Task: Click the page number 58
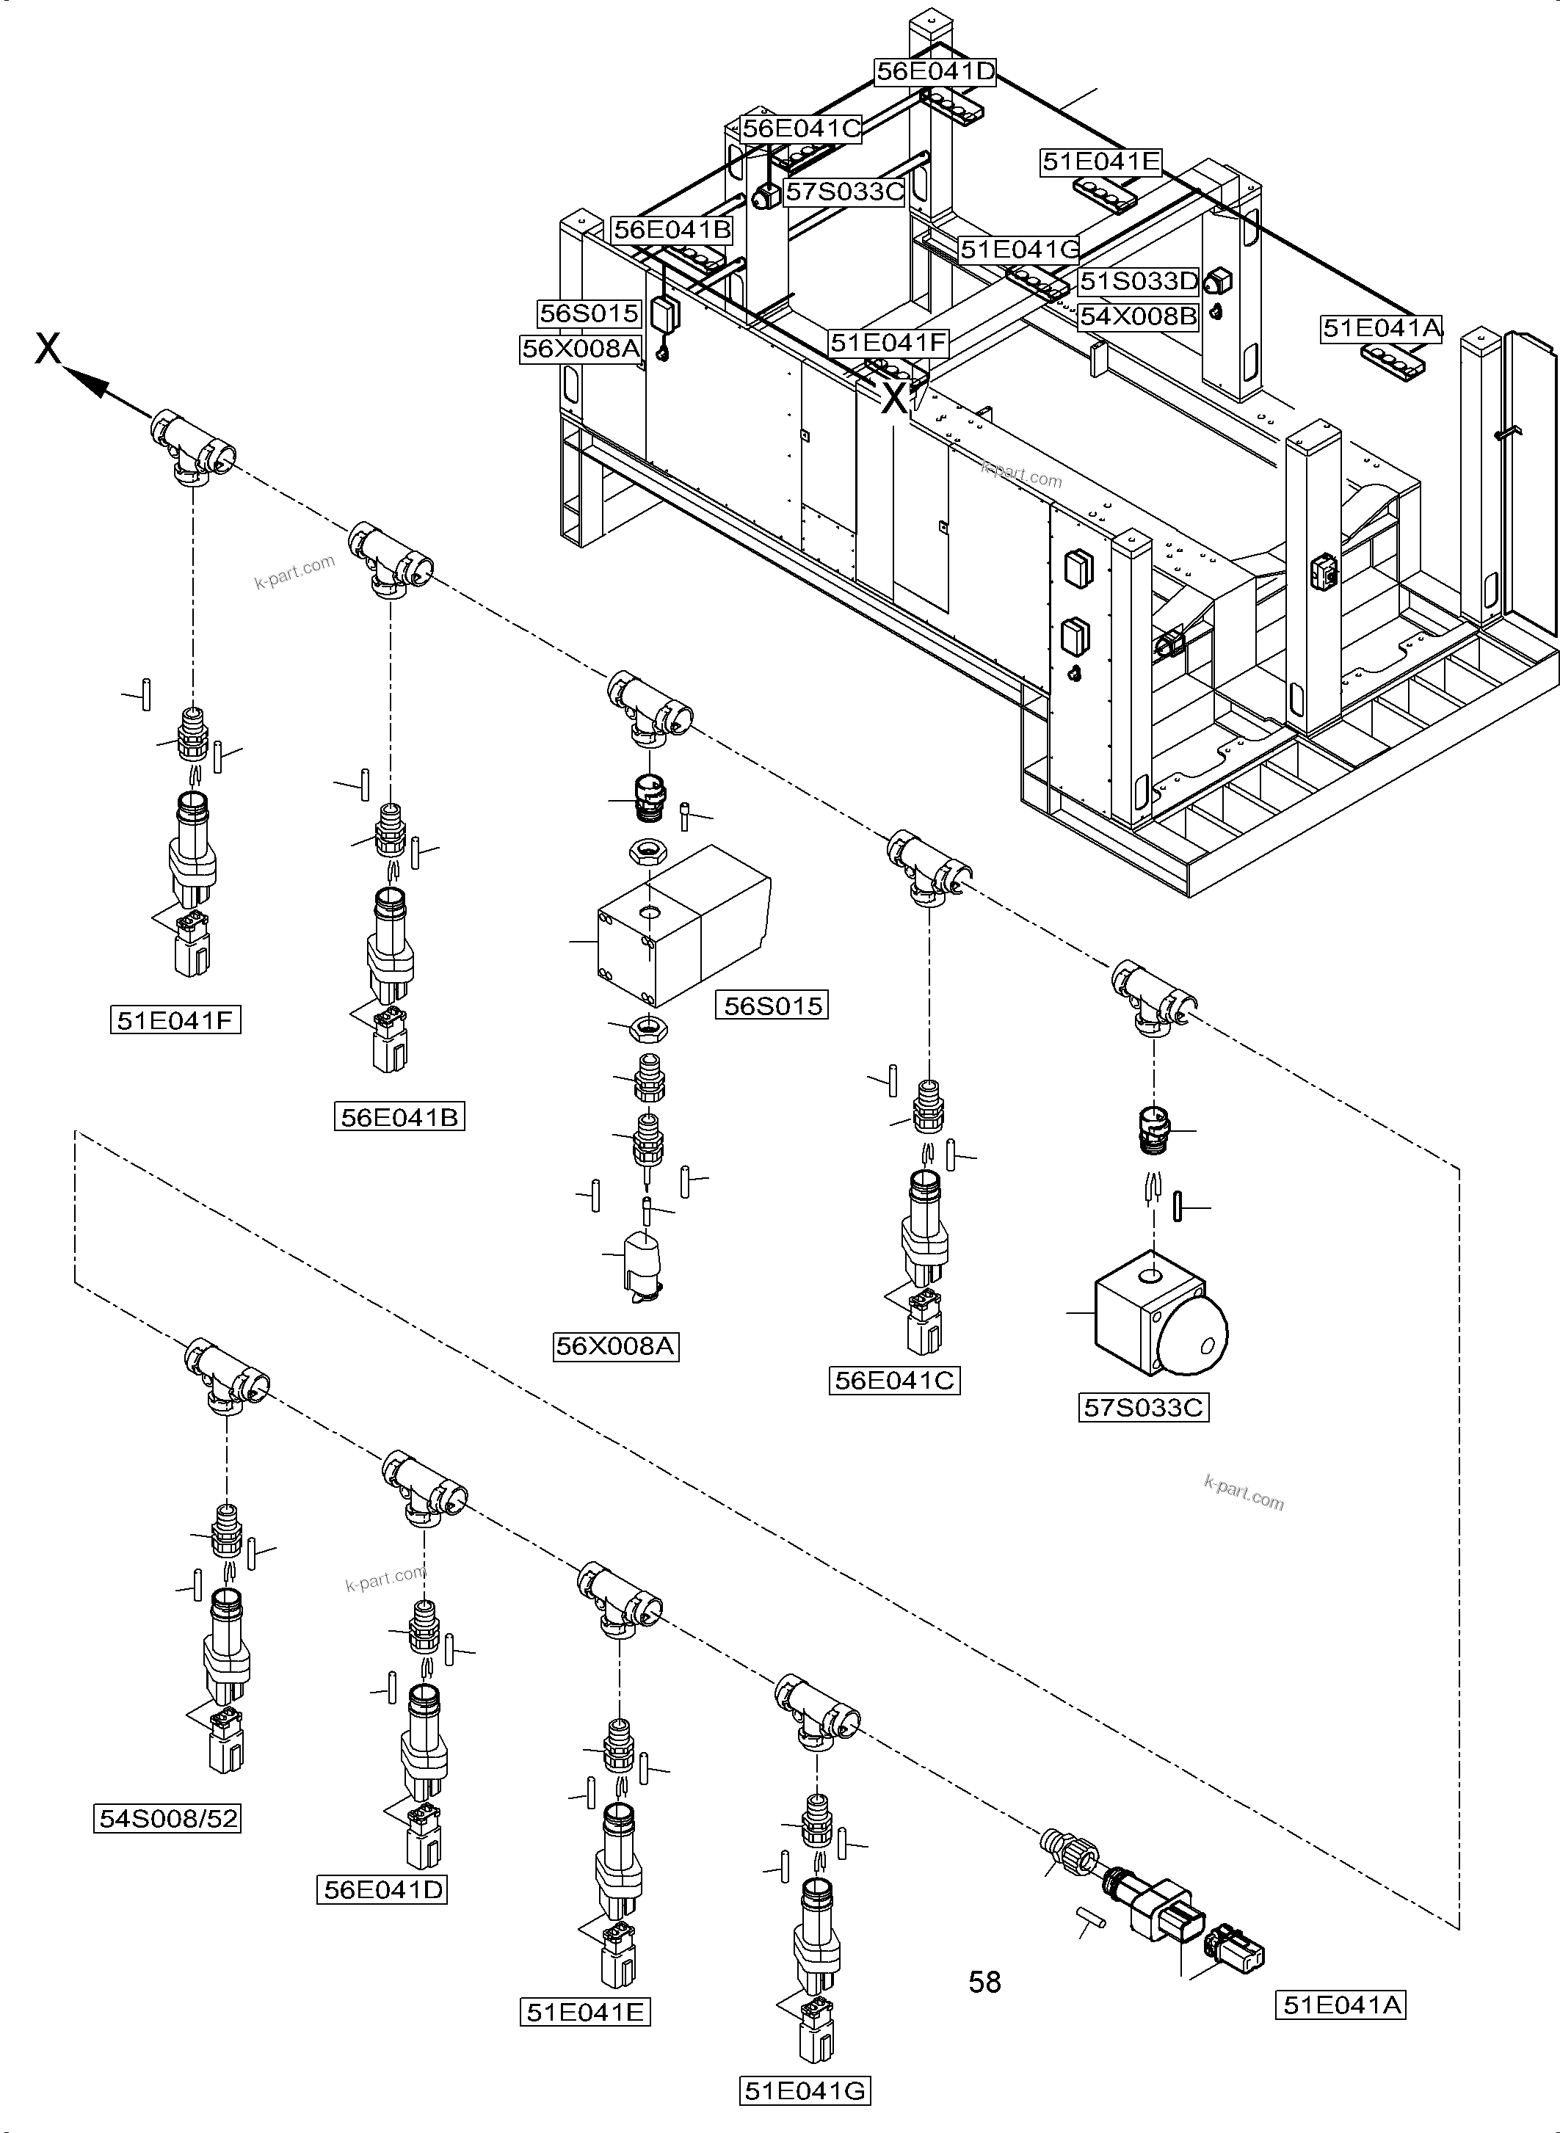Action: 984,1982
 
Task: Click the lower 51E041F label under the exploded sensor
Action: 175,1021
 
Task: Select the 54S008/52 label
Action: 168,1817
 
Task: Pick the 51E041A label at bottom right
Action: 1340,2005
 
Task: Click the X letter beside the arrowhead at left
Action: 47,349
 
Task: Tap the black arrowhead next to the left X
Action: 88,382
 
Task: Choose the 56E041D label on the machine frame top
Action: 935,72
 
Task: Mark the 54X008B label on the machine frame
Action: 1138,316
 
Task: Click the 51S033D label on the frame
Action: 1138,281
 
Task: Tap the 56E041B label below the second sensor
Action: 399,1118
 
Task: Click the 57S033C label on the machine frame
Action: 844,192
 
